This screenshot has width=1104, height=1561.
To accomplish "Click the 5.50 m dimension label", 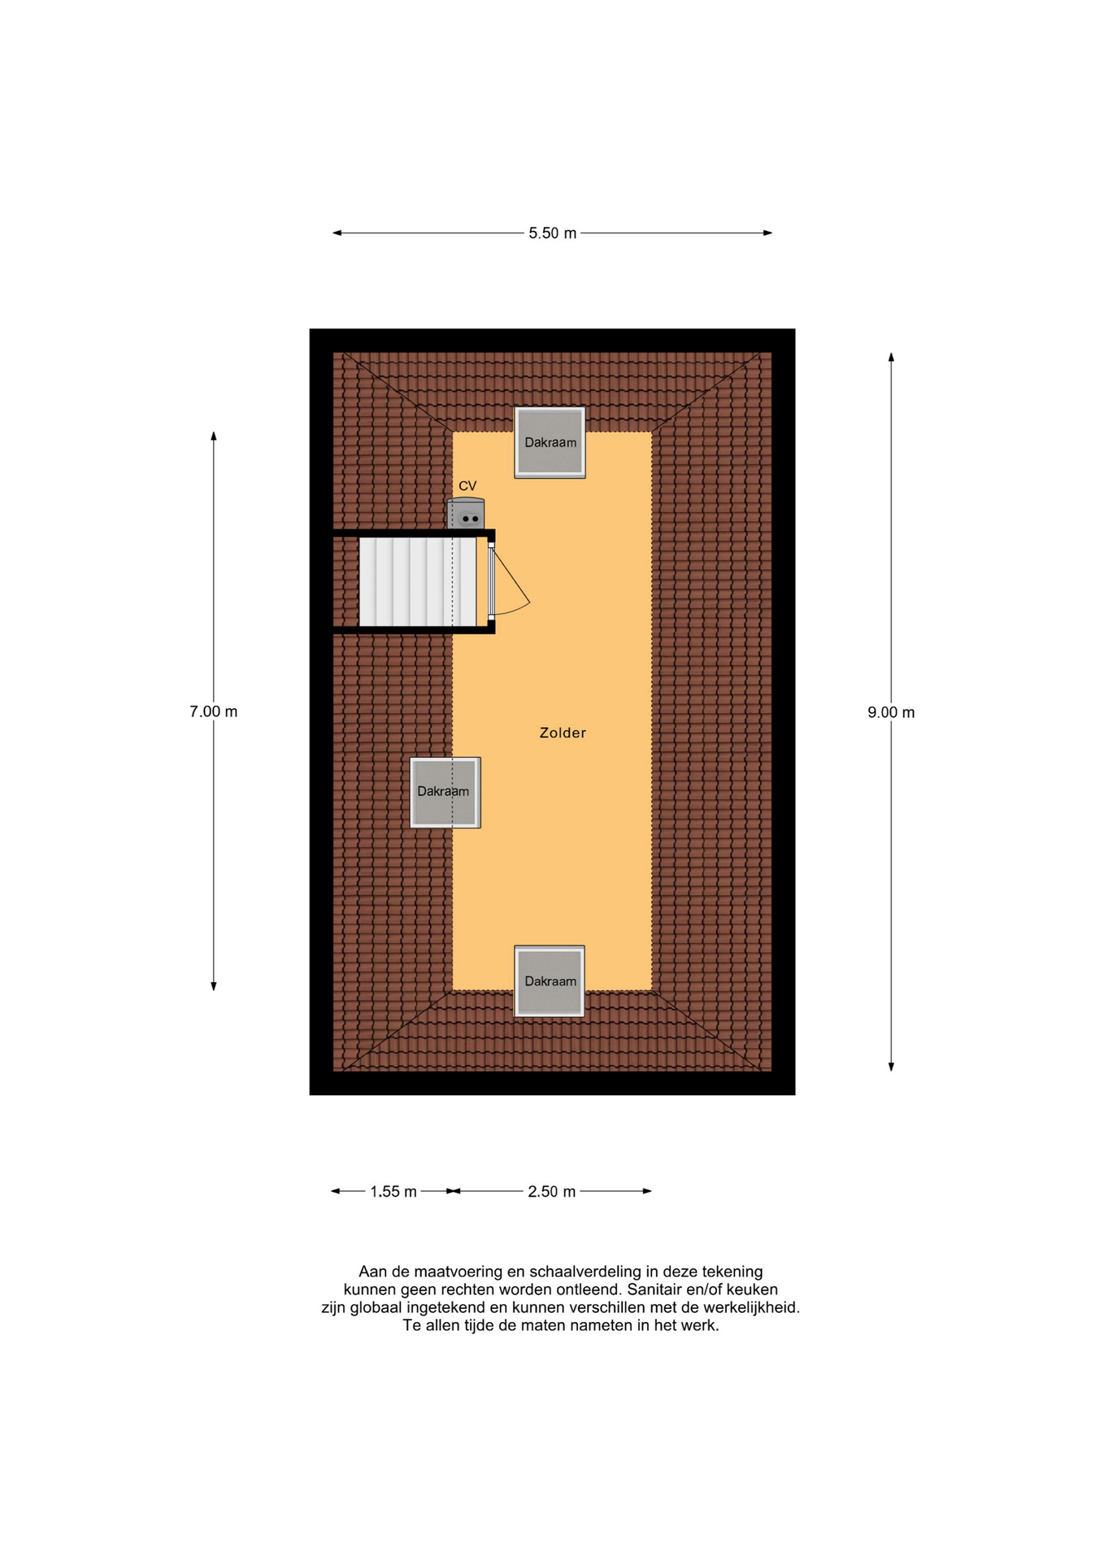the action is (552, 233).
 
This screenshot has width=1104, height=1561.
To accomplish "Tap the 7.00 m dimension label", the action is (214, 711).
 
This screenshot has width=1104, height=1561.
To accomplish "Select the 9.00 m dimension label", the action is (891, 712).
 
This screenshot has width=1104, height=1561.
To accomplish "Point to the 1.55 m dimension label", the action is (393, 1192).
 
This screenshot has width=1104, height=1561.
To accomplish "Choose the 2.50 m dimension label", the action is (551, 1192).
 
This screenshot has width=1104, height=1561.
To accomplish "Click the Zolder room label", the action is (563, 733).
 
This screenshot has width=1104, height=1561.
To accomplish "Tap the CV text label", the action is (467, 486).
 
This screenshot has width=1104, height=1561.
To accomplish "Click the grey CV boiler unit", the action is (466, 513).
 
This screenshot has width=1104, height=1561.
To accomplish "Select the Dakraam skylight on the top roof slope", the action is (550, 442).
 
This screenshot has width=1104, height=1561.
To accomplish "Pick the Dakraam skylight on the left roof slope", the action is (445, 793).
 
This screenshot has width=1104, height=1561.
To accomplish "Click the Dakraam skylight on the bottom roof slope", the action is (550, 981).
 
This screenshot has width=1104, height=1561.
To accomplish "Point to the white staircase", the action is (418, 581).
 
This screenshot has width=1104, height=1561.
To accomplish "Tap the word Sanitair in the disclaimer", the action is (655, 1289).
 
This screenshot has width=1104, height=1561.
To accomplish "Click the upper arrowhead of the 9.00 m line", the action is (891, 357).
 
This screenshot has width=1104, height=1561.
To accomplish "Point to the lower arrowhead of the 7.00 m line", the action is (214, 986).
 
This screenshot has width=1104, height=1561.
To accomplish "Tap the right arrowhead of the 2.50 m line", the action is (647, 1191).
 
